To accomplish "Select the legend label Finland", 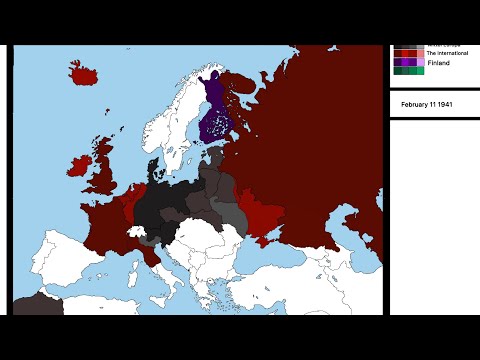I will [x=438, y=63].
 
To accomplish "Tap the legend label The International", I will [x=447, y=53].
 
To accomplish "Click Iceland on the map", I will [x=86, y=72].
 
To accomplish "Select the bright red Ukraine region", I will [x=266, y=215].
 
